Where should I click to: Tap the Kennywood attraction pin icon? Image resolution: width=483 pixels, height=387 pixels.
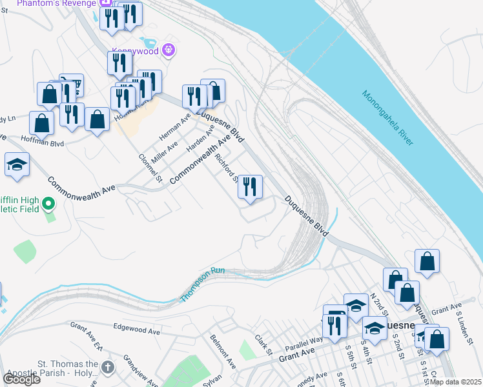click(169, 49)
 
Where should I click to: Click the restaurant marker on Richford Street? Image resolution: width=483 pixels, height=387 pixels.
click(250, 186)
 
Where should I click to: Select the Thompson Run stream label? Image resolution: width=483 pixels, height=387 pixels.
click(203, 284)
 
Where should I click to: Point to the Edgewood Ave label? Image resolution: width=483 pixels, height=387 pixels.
click(136, 330)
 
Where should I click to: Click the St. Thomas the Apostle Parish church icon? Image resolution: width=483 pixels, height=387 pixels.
click(107, 368)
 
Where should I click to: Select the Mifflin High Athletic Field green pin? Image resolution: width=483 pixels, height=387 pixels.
click(48, 205)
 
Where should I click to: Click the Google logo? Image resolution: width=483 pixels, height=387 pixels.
click(21, 379)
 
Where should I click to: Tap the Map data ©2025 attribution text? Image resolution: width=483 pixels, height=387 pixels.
click(456, 382)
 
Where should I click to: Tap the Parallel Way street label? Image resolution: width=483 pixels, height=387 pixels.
click(307, 341)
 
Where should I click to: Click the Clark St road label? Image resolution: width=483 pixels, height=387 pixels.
click(262, 343)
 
